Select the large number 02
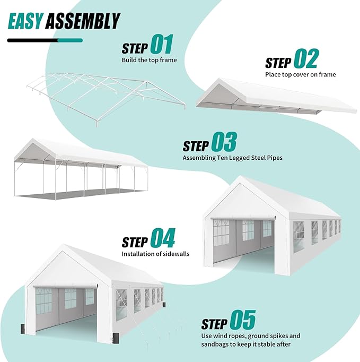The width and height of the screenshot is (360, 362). [305, 59]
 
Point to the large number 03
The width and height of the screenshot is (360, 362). [224, 143]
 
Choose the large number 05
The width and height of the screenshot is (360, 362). [242, 321]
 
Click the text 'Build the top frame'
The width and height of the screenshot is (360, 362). [149, 60]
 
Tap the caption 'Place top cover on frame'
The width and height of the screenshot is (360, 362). [300, 74]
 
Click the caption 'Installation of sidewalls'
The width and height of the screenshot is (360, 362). [155, 254]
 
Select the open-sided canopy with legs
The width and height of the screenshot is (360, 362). [80, 167]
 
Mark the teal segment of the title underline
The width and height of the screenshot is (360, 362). [69, 40]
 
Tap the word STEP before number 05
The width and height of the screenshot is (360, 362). [214, 324]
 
